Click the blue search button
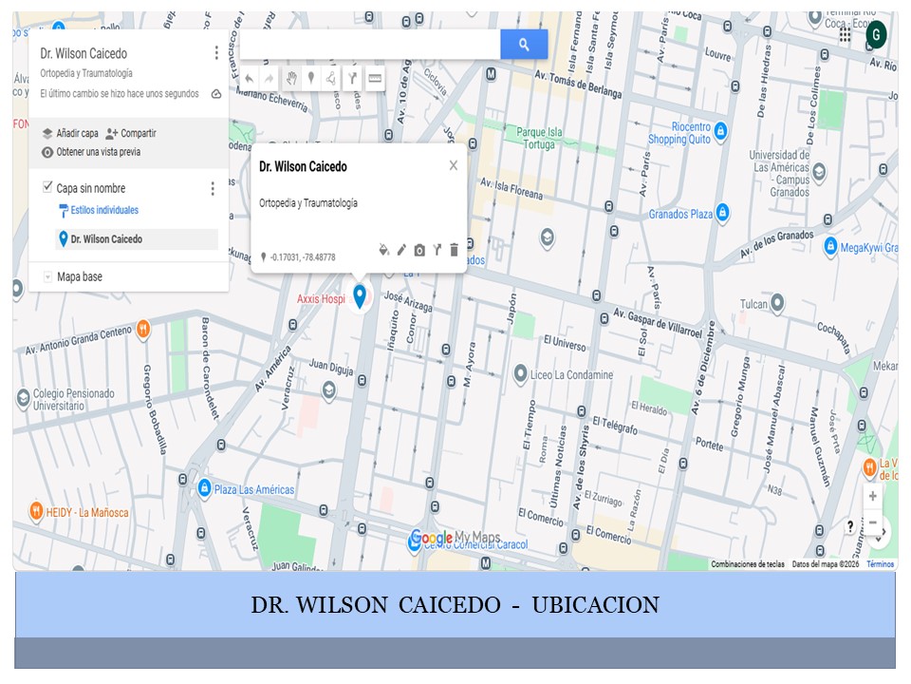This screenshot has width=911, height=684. click(524, 44)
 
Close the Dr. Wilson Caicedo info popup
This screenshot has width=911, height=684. click(454, 165)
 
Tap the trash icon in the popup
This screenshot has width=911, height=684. click(454, 250)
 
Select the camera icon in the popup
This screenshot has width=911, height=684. click(419, 250)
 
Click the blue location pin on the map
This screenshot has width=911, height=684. click(360, 295)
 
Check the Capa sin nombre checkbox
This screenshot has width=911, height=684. click(48, 187)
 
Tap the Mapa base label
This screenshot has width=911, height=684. click(79, 276)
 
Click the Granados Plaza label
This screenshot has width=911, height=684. click(680, 214)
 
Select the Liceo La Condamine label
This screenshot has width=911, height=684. click(571, 374)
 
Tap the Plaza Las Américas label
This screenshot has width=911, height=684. click(253, 489)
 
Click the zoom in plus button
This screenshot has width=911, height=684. click(873, 496)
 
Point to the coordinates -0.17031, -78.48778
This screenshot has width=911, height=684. click(302, 256)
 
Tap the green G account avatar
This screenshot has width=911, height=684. click(876, 35)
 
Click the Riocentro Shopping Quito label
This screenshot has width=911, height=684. click(679, 133)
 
